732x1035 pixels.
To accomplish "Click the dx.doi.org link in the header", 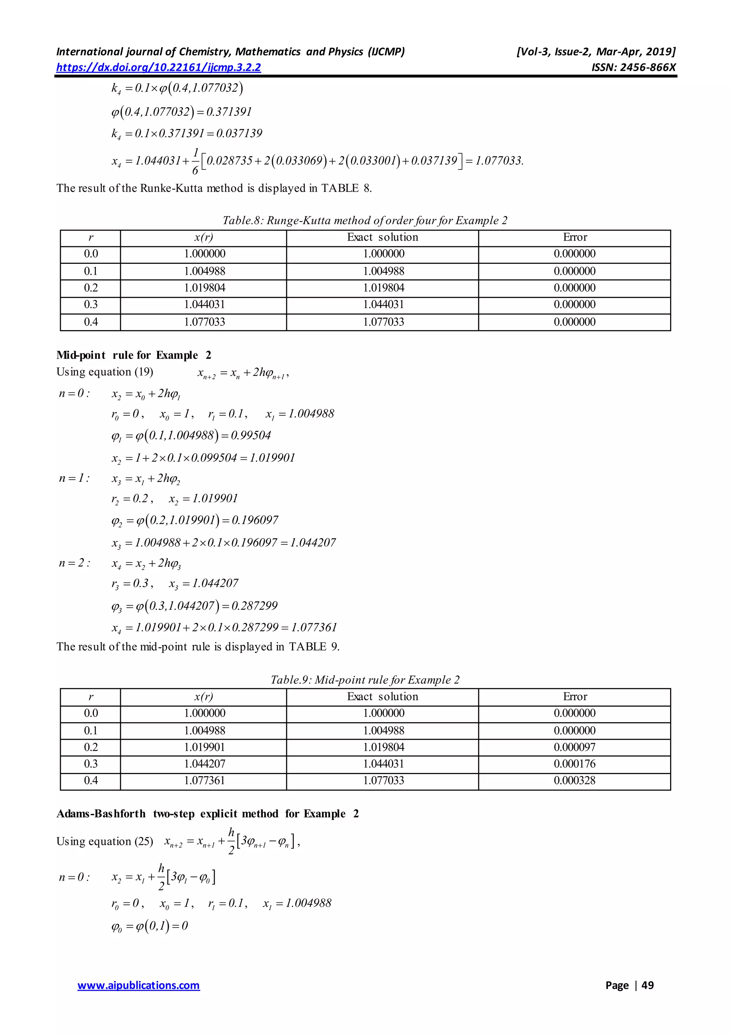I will click(158, 68).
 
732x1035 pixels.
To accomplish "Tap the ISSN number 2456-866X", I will click(634, 68).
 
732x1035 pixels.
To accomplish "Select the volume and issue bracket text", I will click(595, 52).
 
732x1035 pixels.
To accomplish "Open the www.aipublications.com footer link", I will click(138, 985).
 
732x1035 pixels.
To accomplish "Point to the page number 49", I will click(647, 985).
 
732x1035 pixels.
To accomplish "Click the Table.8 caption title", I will click(365, 221).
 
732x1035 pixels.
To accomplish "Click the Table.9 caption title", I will click(365, 680).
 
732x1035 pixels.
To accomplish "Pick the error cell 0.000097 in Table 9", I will click(574, 747).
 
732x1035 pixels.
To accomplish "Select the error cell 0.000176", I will click(574, 764).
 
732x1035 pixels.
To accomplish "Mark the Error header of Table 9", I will click(575, 697).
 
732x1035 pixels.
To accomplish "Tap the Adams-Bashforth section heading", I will click(207, 814).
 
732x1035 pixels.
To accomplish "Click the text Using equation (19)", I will click(105, 372).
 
